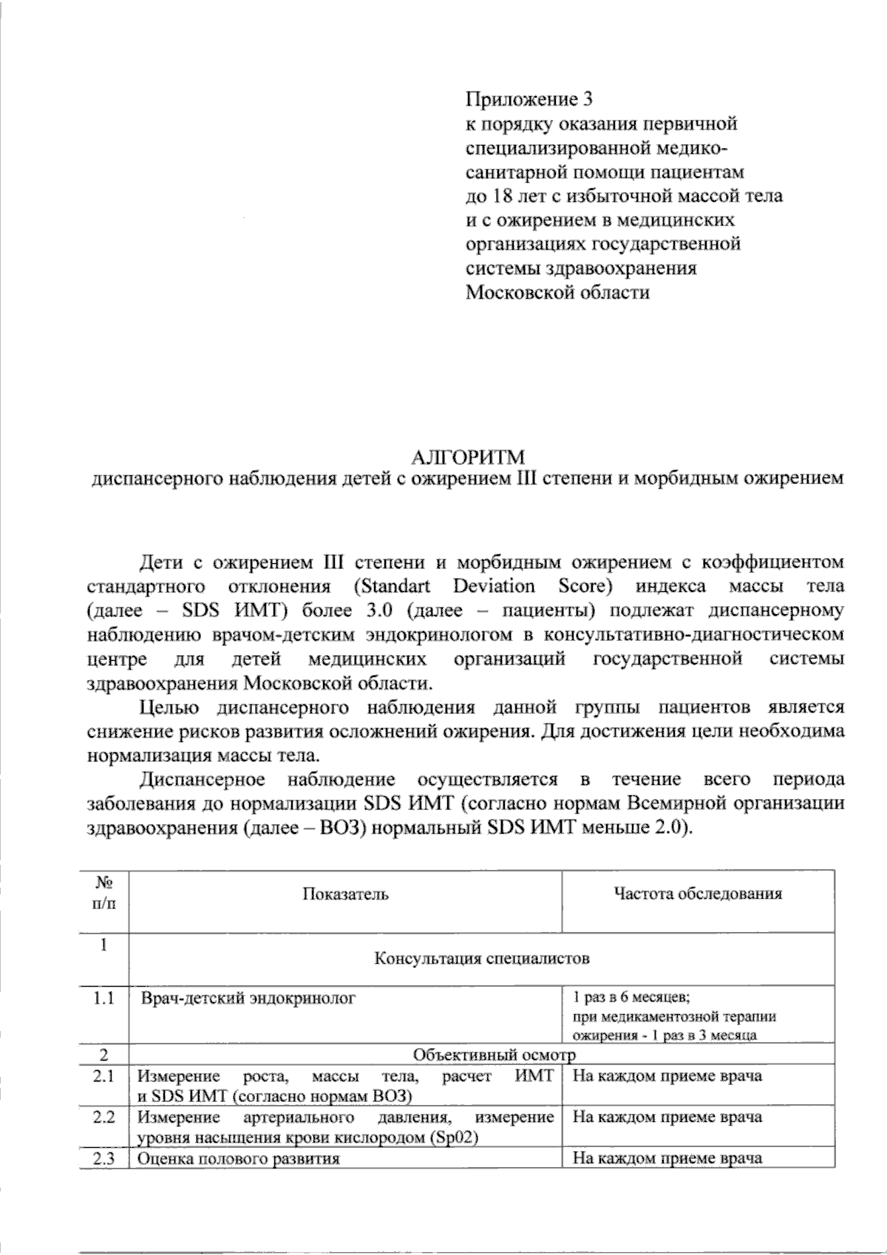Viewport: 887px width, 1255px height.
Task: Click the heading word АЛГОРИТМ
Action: (x=466, y=455)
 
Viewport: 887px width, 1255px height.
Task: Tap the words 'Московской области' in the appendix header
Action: (x=557, y=293)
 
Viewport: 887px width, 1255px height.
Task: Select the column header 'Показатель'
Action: (x=345, y=894)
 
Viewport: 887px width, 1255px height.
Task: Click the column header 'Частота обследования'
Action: (x=698, y=894)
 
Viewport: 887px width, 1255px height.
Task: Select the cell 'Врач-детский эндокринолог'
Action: (x=249, y=999)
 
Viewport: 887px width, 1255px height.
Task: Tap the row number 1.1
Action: (x=104, y=999)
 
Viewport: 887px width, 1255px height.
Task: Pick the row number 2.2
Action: (x=104, y=1117)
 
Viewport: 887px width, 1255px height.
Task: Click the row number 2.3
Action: (x=104, y=1158)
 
